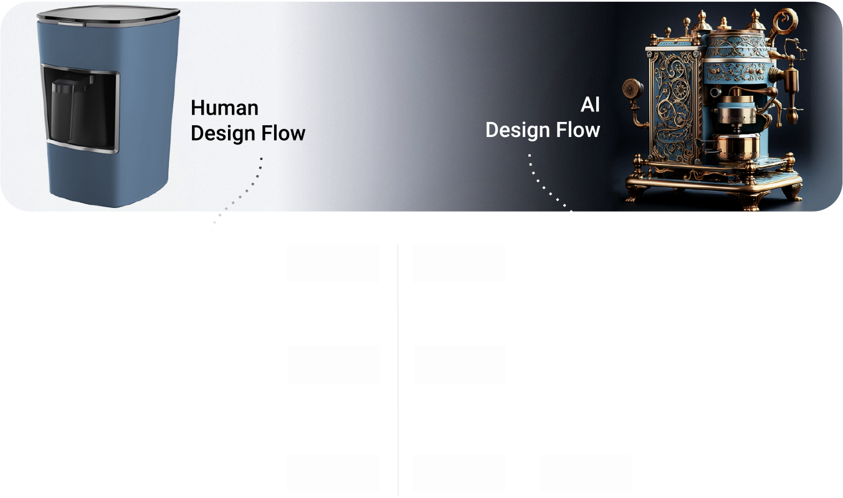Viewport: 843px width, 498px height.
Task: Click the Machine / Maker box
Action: pos(333,263)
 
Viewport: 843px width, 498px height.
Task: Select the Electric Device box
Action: pos(333,365)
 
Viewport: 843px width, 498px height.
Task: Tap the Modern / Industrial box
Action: pos(333,474)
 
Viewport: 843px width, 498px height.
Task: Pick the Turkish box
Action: pos(459,263)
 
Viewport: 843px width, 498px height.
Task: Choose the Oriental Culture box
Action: pos(459,365)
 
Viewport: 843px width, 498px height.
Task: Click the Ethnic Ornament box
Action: pos(459,474)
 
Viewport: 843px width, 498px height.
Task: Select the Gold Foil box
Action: pos(585,474)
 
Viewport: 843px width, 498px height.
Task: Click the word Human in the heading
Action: pos(224,108)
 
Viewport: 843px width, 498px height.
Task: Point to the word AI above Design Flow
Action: pos(589,105)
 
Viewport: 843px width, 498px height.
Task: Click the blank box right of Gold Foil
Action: pos(718,474)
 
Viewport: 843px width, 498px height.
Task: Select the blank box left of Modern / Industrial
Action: pos(83,474)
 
